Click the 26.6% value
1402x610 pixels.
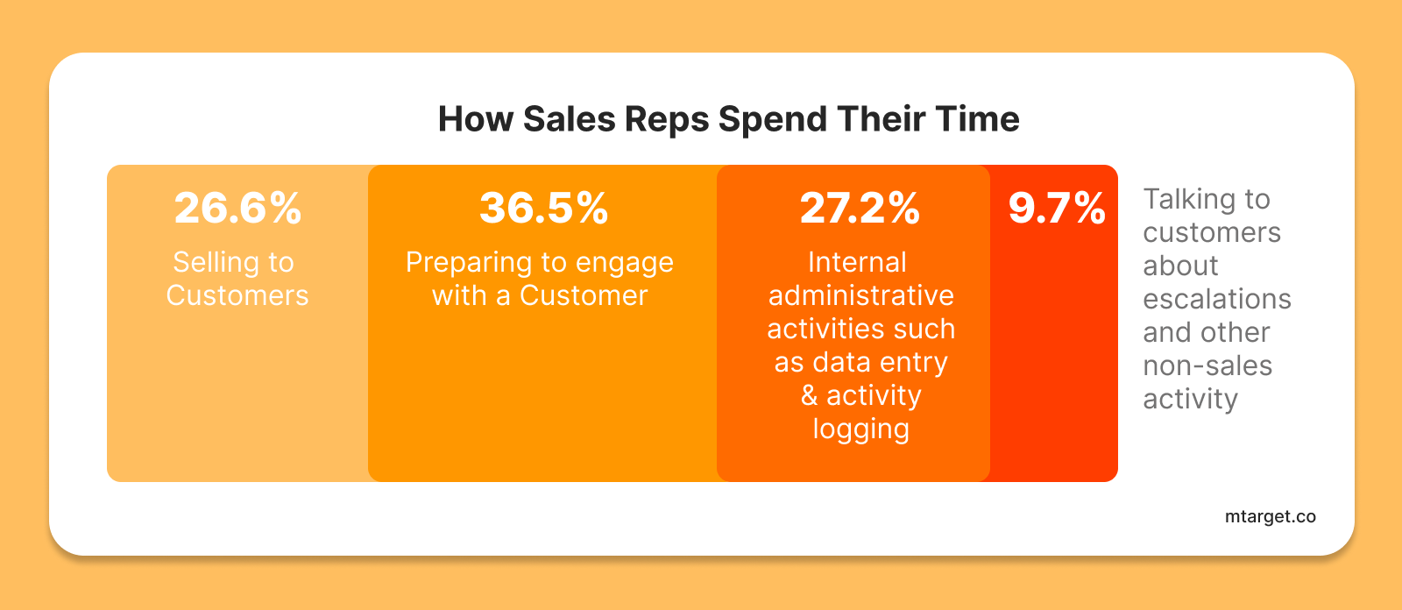pyautogui.click(x=237, y=208)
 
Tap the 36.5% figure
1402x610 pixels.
pyautogui.click(x=543, y=208)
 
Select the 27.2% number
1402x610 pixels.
pyautogui.click(x=860, y=208)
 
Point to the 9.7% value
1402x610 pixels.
pyautogui.click(x=1057, y=208)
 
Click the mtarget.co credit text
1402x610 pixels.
pyautogui.click(x=1270, y=517)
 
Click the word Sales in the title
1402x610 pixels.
pyautogui.click(x=569, y=119)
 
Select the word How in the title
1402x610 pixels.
pyautogui.click(x=475, y=119)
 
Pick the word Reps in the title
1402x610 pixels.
pyautogui.click(x=666, y=120)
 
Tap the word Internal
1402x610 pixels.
pyautogui.click(x=857, y=262)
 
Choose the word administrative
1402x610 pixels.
pyautogui.click(x=860, y=295)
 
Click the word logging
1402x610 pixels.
pyautogui.click(x=860, y=429)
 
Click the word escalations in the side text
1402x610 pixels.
pyautogui.click(x=1217, y=300)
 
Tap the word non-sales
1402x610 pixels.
pyautogui.click(x=1207, y=365)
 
